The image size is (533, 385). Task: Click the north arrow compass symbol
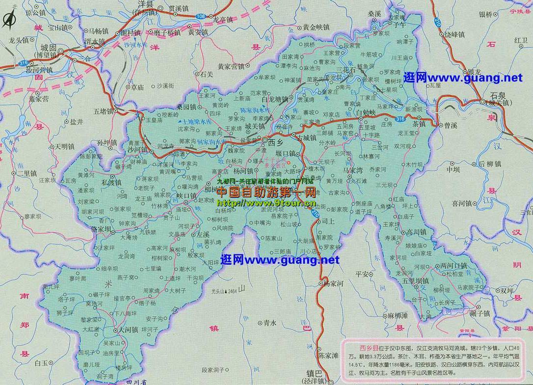click(x=9, y=19)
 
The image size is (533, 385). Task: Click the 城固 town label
click(x=51, y=48)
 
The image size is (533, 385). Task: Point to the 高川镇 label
click(x=417, y=231)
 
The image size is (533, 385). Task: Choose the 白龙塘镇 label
click(x=275, y=99)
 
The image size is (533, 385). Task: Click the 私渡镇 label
click(x=111, y=182)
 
